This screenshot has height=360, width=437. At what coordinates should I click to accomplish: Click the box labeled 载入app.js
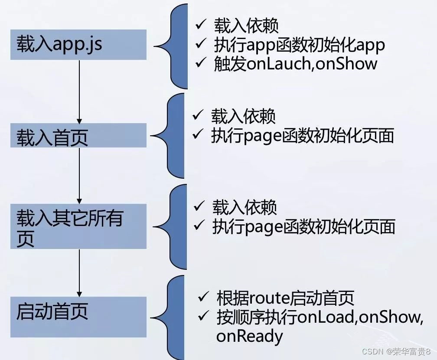pos(78,45)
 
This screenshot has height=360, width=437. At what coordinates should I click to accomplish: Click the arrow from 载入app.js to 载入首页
pos(79,91)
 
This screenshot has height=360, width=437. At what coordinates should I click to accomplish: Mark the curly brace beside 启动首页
pos(173,316)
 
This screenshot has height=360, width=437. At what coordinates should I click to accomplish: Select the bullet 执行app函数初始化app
pos(299,45)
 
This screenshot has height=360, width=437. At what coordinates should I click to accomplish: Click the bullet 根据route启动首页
pos(285,298)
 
